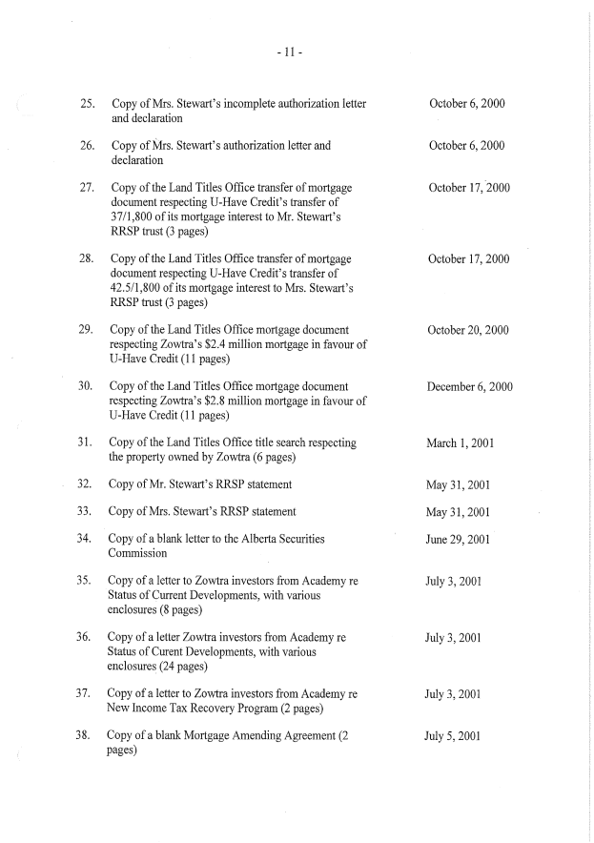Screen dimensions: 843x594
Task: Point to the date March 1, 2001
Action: (460, 443)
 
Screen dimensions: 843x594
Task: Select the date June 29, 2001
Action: (458, 540)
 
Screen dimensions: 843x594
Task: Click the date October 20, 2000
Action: (469, 331)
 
